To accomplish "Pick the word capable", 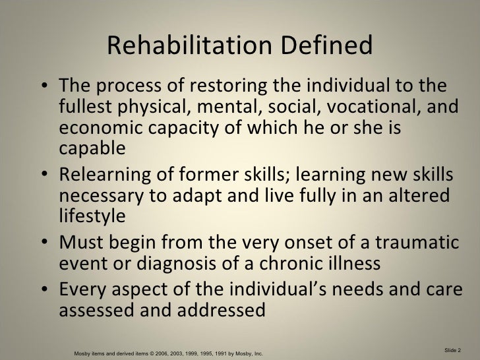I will pos(91,149).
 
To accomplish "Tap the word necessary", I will pos(96,196).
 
